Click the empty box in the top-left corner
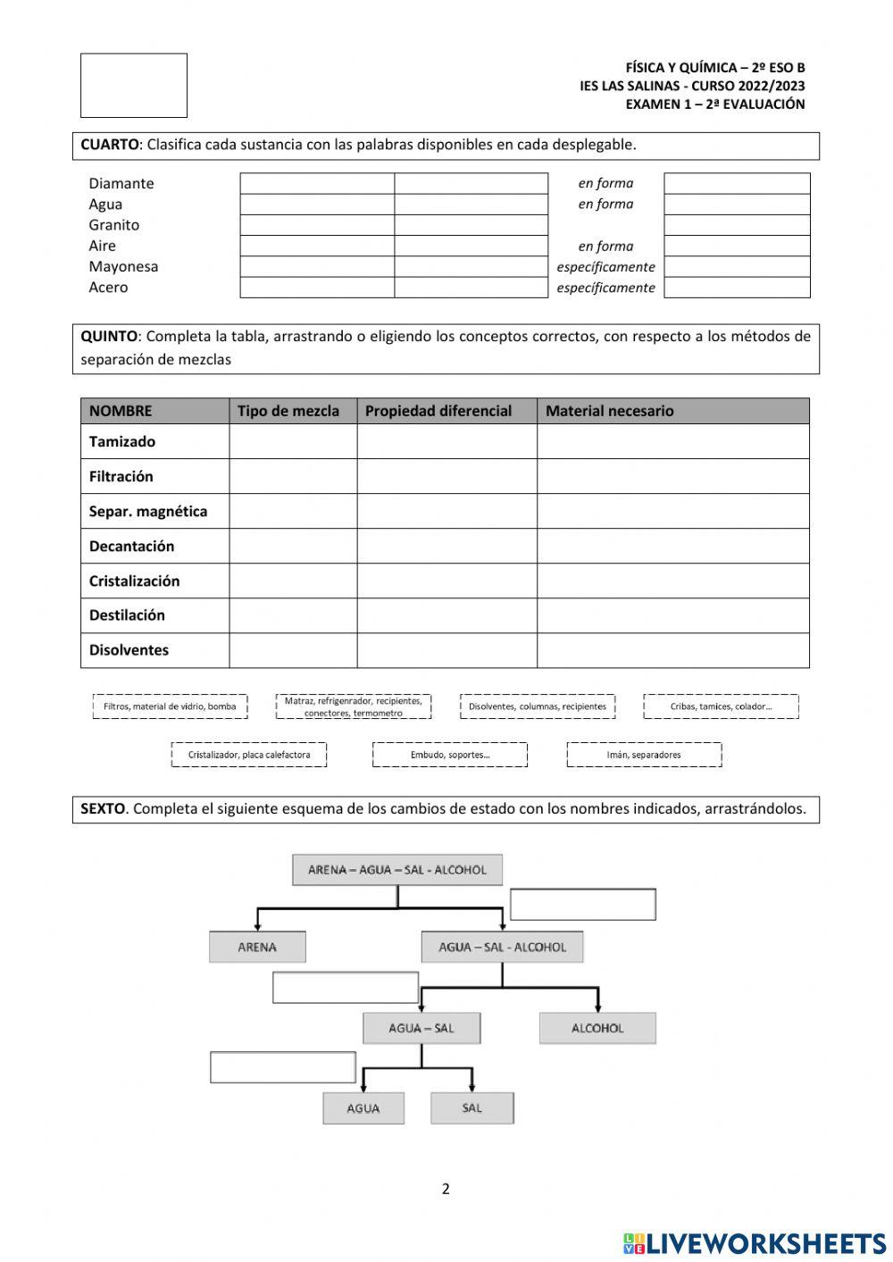coord(134,86)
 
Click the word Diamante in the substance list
coord(121,183)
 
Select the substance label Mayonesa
coord(123,266)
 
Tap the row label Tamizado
coord(122,441)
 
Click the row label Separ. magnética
coord(147,511)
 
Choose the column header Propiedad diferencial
coord(438,411)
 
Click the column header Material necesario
coord(609,411)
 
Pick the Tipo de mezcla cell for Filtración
coord(293,476)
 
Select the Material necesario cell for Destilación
coord(672,615)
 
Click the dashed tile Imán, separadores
coord(644,755)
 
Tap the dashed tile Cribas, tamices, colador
coord(721,706)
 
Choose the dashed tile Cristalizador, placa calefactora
coord(249,755)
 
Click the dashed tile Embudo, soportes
coord(450,755)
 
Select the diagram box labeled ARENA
coord(257,947)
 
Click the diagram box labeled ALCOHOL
coord(597,1028)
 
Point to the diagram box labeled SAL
coord(472,1108)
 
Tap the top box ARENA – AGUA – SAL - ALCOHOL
coord(397,870)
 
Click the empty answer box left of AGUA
coord(283,1067)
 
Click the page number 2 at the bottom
coord(446,1189)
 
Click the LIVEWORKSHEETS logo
coord(755,1243)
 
